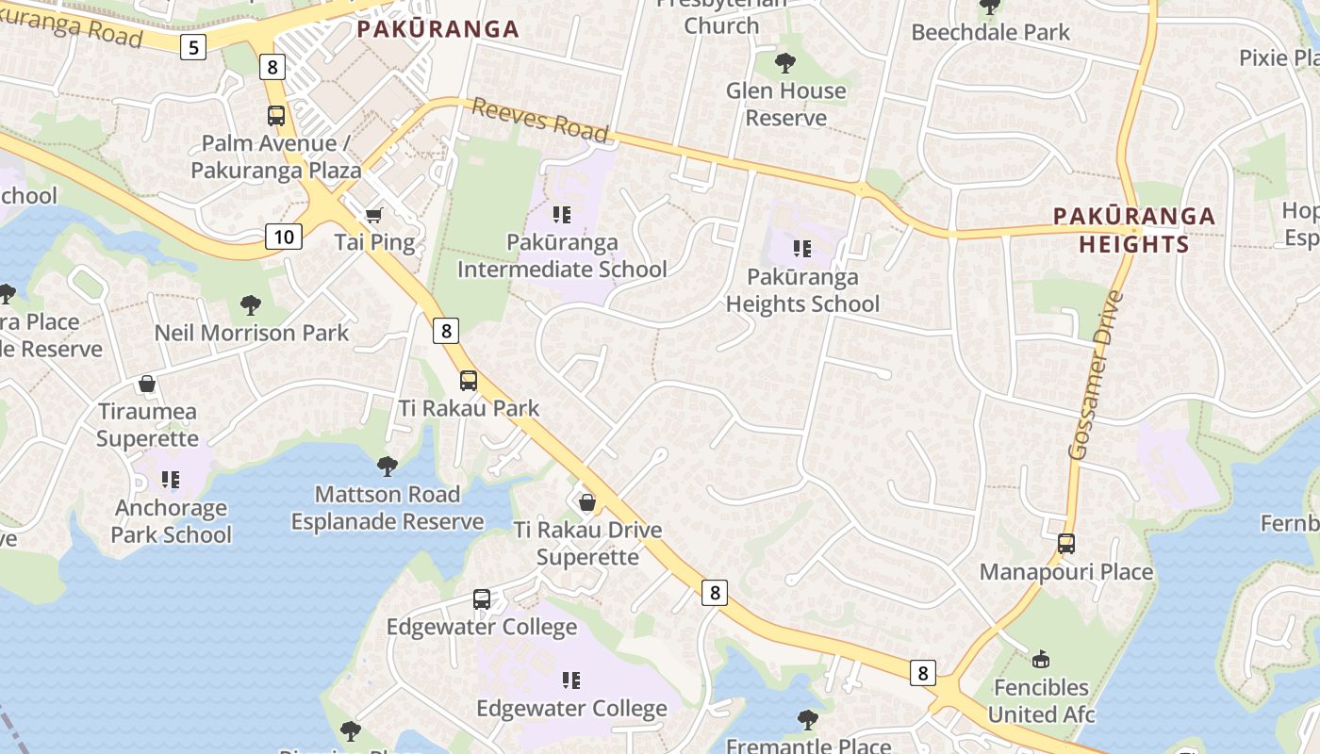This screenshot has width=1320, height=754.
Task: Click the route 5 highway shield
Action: [x=193, y=46]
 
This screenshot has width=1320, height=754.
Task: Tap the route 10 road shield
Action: [x=284, y=236]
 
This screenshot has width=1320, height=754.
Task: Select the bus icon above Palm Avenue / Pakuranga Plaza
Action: [x=276, y=116]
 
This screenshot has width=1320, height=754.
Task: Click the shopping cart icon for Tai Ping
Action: [x=374, y=216]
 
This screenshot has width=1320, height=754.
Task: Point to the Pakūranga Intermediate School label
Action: [x=562, y=255]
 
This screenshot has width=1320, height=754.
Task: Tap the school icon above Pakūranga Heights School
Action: [x=802, y=249]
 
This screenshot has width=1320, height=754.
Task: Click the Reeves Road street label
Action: [x=540, y=120]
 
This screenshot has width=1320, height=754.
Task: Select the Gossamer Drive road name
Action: [x=1097, y=375]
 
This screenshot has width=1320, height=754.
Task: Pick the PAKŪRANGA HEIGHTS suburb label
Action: [x=1133, y=230]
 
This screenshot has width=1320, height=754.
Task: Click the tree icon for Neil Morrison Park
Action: [x=251, y=305]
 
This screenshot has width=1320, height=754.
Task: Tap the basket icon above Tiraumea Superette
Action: [x=147, y=384]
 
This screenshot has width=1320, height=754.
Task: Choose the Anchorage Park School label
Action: [x=171, y=521]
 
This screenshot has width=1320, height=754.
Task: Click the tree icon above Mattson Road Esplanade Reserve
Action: [x=387, y=466]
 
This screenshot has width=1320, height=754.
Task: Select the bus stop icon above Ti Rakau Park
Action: [x=469, y=381]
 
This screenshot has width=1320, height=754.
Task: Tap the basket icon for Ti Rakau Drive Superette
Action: [x=587, y=502]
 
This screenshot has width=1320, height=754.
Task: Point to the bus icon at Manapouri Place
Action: [x=1066, y=544]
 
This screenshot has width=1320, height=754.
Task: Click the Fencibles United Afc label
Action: [x=1041, y=700]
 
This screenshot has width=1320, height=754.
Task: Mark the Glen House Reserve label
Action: [x=786, y=104]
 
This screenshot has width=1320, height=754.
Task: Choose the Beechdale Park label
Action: [x=990, y=32]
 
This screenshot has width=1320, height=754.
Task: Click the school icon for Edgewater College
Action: [x=571, y=680]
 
